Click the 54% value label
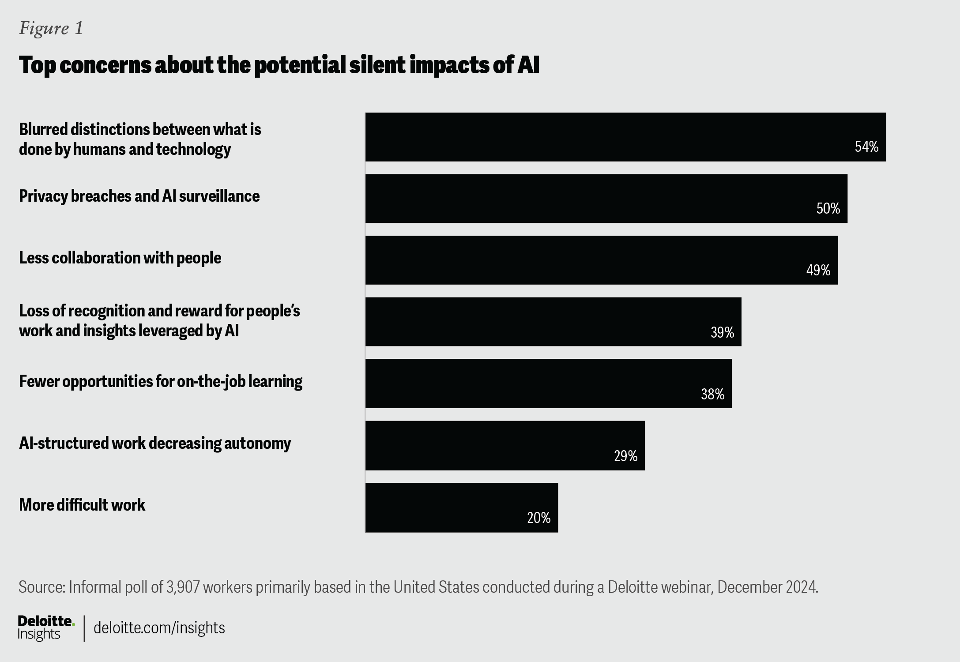866,147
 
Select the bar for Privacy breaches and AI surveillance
606,199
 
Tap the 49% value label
818,270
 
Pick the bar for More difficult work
461,508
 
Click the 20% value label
538,518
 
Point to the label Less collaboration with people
120,258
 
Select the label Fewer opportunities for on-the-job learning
161,381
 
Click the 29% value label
625,456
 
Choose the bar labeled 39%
553,322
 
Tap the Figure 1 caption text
51,29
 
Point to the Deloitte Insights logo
46,628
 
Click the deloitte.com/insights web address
159,628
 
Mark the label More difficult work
82,505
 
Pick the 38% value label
712,394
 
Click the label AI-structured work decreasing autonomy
155,443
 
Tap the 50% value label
828,209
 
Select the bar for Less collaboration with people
601,260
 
